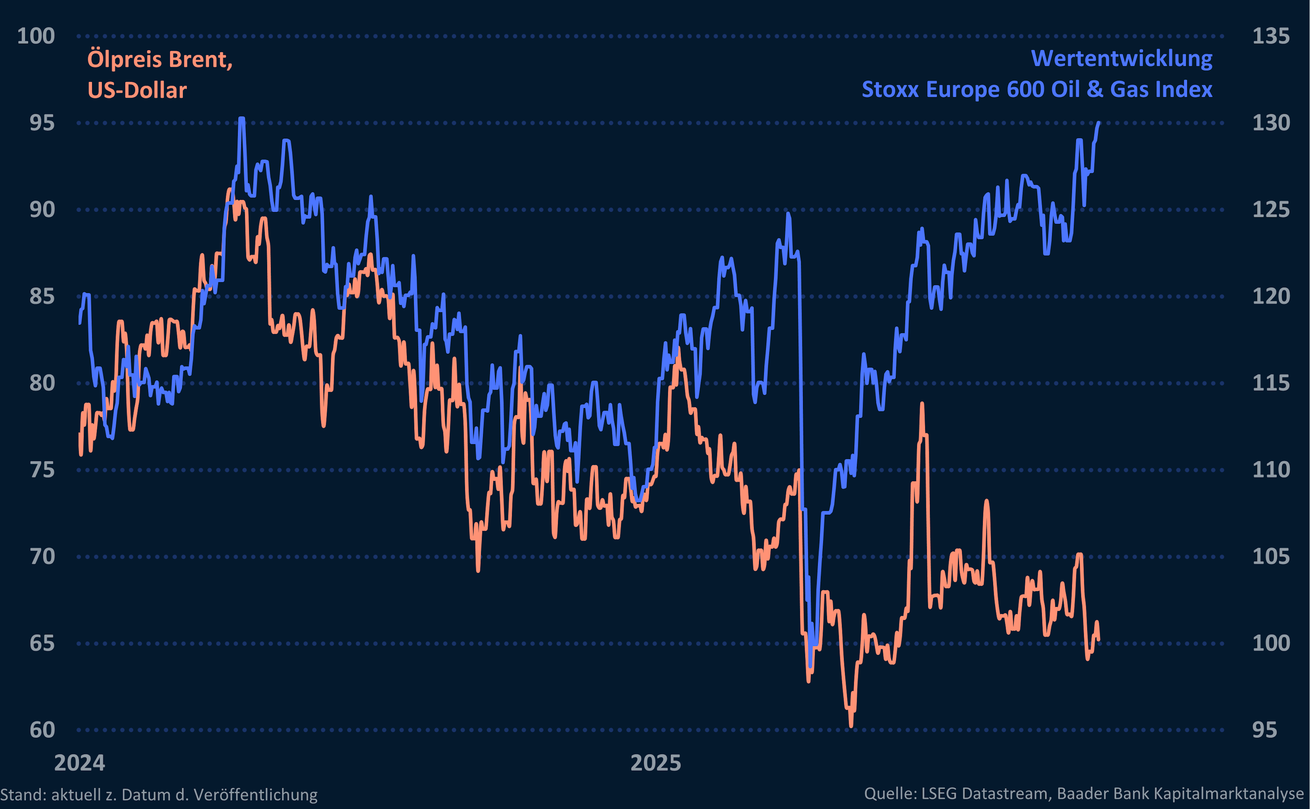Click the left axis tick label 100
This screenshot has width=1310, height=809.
[36, 36]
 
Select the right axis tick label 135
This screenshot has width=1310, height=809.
[1270, 36]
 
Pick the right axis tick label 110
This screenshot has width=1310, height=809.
[1270, 470]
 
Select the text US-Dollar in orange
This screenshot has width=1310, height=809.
[137, 90]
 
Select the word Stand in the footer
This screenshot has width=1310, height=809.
[21, 795]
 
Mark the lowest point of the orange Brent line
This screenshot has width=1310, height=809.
[851, 725]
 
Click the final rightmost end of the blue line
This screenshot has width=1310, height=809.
[1098, 123]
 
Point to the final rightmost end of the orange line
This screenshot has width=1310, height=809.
[1098, 639]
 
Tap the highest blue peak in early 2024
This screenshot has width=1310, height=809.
[242, 119]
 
